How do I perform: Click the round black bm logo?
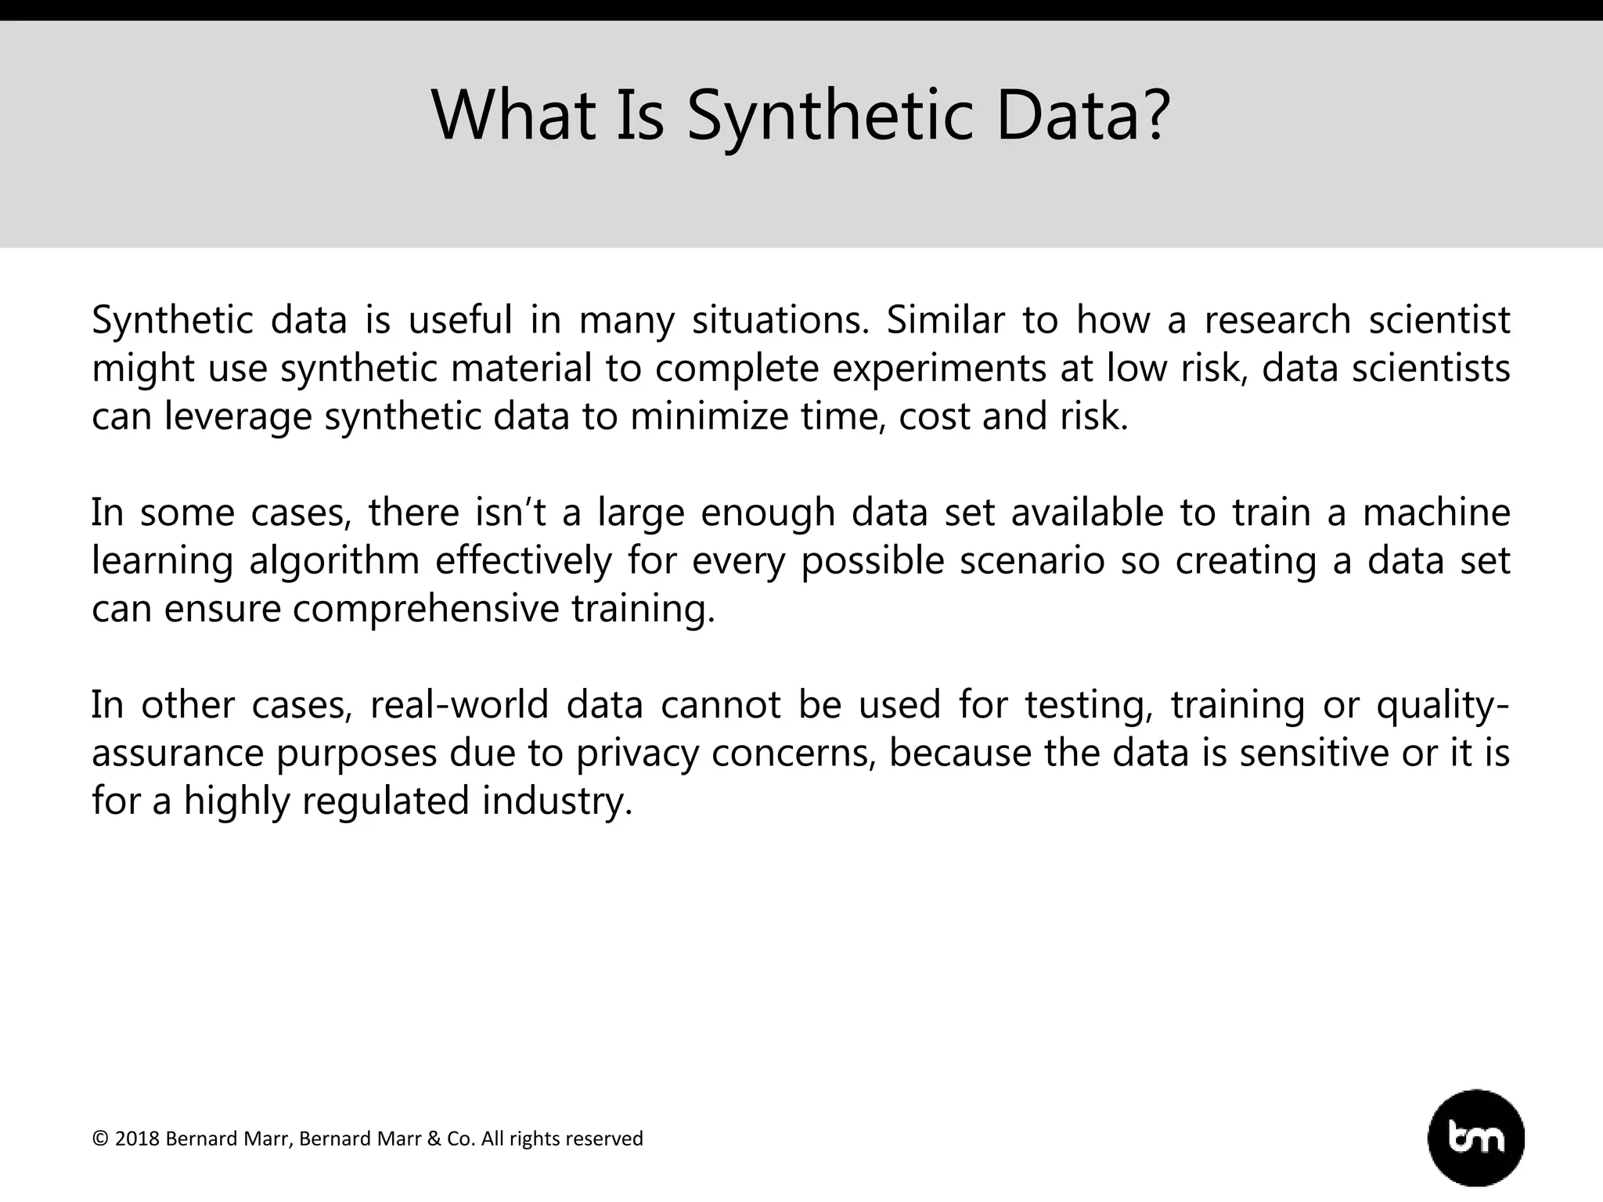[x=1475, y=1138]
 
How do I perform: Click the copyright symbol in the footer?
[x=100, y=1139]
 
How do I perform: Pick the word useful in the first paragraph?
[x=460, y=320]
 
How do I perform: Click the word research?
[x=1277, y=320]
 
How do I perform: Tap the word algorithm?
[x=334, y=561]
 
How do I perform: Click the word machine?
[x=1436, y=513]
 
